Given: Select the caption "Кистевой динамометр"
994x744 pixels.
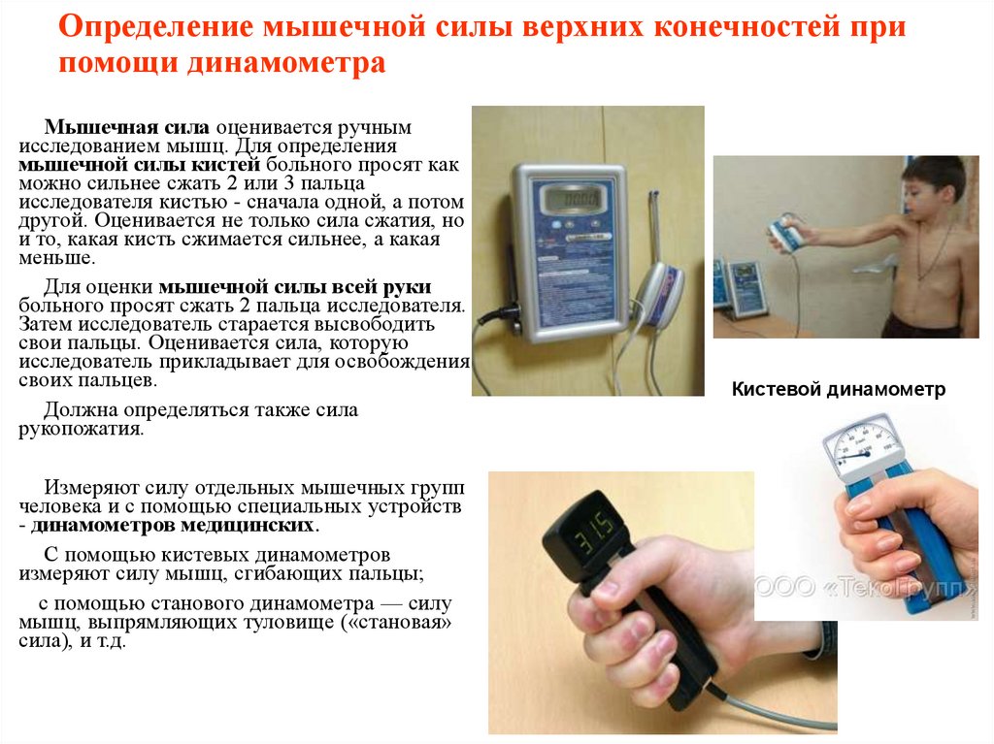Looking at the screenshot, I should (x=838, y=390).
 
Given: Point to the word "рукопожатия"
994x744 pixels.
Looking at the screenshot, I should (x=81, y=429).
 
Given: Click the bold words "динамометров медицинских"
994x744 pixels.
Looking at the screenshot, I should (x=174, y=526).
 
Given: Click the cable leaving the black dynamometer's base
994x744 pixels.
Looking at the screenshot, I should (x=767, y=709).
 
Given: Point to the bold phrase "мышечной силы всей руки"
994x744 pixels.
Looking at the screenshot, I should (x=294, y=287).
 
